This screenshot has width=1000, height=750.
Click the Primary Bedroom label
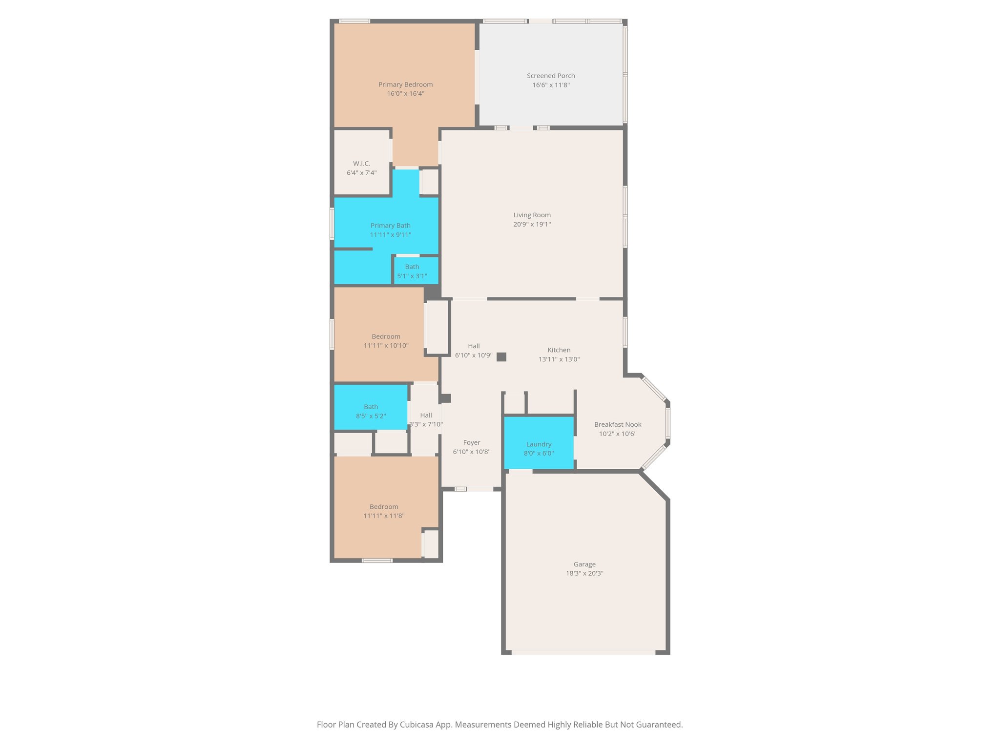(405, 84)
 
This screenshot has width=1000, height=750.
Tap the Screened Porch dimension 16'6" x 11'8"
(551, 85)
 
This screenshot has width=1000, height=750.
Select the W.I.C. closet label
(361, 164)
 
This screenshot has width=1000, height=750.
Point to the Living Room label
(532, 215)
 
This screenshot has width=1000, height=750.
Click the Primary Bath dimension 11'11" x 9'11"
(390, 235)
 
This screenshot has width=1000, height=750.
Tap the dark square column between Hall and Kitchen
(501, 357)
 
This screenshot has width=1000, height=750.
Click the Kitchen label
(559, 350)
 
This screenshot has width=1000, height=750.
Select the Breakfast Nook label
(617, 424)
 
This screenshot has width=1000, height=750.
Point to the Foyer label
(472, 442)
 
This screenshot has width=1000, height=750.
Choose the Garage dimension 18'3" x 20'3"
(584, 573)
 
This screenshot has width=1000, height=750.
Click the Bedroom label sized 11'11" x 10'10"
(386, 336)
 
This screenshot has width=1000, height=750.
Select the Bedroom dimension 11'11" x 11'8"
(384, 516)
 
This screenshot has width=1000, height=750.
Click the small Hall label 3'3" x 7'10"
(426, 415)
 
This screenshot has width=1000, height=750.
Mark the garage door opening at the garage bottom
(583, 652)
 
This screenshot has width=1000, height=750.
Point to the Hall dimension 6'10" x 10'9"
(474, 355)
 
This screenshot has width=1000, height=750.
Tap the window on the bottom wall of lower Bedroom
(377, 560)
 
